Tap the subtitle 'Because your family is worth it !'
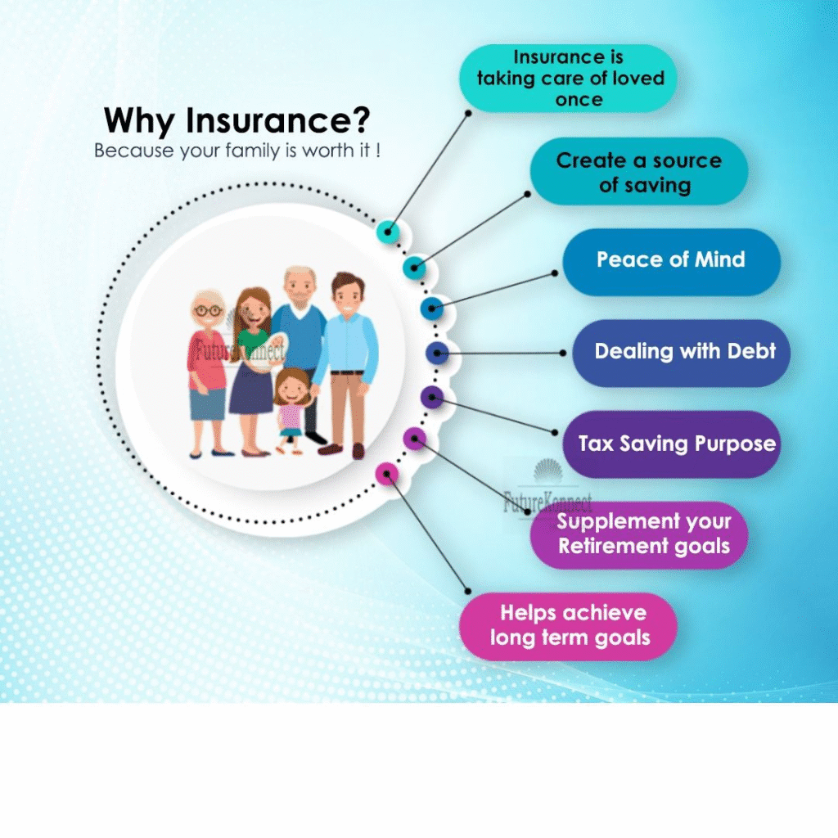tap(237, 151)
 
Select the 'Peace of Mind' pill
tap(671, 262)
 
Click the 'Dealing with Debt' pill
tap(682, 354)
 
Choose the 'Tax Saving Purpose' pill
tap(671, 444)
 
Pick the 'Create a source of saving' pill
tap(638, 171)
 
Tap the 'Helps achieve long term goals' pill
tap(568, 626)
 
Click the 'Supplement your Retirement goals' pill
tap(638, 535)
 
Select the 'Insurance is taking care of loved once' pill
tap(568, 78)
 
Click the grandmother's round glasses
tap(209, 310)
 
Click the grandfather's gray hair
tap(300, 273)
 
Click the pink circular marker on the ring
tap(387, 474)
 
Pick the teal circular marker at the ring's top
tap(388, 232)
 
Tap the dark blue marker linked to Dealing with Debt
tap(437, 354)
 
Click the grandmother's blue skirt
tap(208, 403)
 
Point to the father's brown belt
tap(347, 372)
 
